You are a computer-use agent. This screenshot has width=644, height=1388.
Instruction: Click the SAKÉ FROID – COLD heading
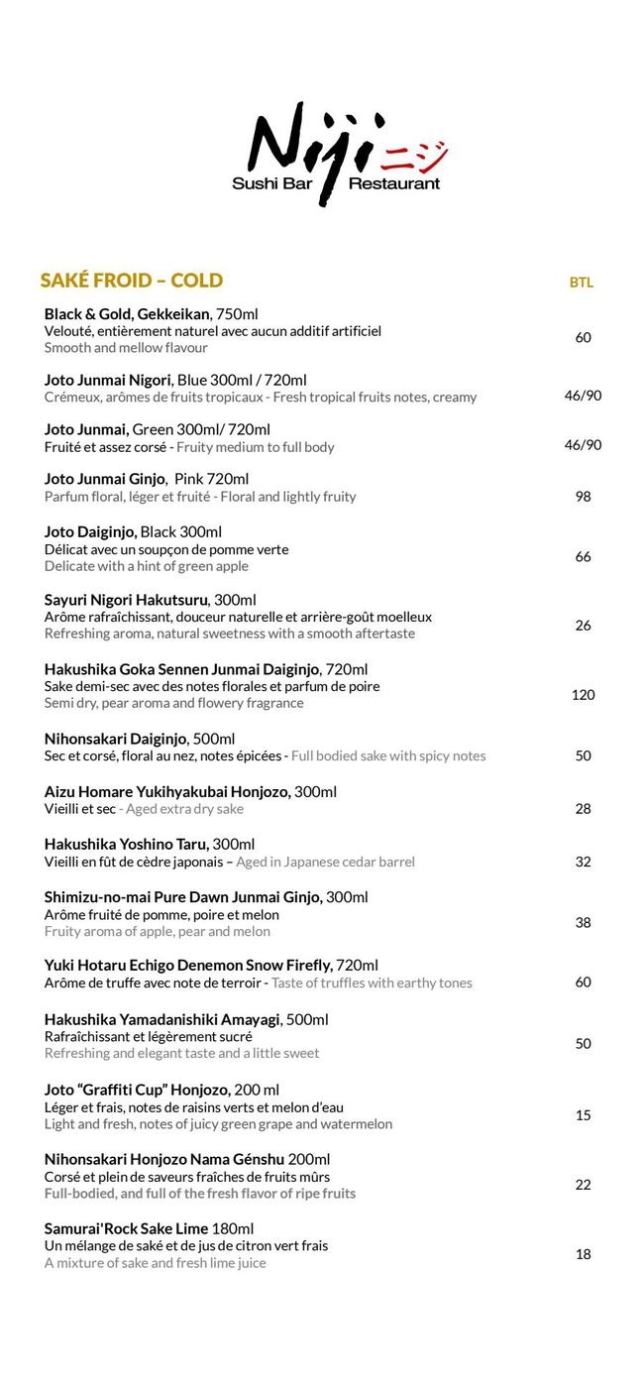[132, 281]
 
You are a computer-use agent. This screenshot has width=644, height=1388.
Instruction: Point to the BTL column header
[582, 283]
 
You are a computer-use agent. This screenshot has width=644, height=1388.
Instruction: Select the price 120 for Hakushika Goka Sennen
[583, 694]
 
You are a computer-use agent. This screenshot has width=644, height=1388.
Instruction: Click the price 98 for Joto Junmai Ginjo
[583, 496]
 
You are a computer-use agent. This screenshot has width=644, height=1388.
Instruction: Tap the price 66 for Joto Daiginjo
[583, 557]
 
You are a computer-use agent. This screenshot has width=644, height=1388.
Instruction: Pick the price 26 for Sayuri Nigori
[583, 625]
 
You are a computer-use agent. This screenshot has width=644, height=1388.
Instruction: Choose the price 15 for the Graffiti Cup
[583, 1115]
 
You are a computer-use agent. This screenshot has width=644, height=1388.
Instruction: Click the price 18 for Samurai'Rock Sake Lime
[583, 1254]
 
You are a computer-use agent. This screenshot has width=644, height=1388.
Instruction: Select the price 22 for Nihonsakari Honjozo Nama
[583, 1185]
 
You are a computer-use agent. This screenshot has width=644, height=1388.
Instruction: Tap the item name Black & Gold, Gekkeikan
[128, 314]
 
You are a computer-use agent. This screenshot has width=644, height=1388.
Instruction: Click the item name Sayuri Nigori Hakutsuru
[127, 600]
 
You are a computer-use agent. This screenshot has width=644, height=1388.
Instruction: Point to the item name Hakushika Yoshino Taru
[127, 845]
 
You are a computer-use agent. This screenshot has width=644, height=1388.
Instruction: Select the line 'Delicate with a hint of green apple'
[147, 566]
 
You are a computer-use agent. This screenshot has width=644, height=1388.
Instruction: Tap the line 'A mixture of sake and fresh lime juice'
[156, 1263]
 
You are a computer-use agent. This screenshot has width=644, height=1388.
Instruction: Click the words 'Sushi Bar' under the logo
[269, 183]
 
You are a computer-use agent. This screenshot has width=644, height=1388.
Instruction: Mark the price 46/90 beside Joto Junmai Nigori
[583, 396]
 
